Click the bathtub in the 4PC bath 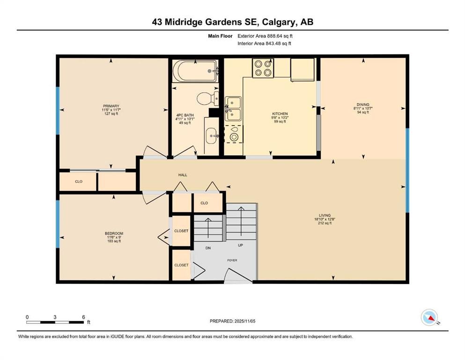195,71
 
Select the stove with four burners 263,68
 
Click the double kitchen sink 233,108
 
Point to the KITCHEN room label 280,114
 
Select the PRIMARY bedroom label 111,106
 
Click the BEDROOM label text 114,233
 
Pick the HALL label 183,175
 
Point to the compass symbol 429,318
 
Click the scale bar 55,322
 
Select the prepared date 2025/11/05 233,321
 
